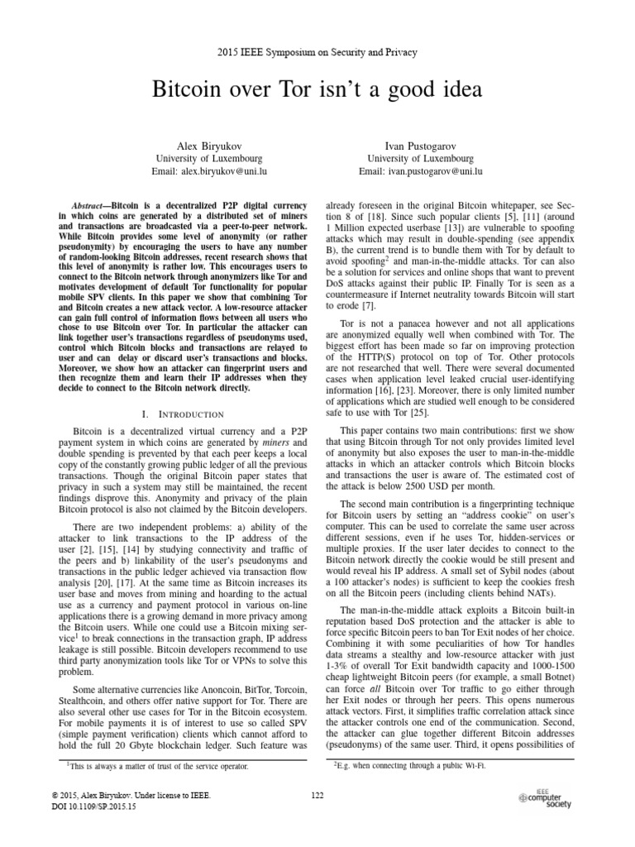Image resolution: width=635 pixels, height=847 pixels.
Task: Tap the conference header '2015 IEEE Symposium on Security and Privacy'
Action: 317,52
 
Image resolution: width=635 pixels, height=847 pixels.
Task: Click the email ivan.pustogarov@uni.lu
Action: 421,171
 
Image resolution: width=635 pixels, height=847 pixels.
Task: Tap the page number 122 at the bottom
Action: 317,795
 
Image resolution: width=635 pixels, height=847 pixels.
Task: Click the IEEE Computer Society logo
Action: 545,797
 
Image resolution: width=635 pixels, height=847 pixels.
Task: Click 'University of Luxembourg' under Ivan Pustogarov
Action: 421,157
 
